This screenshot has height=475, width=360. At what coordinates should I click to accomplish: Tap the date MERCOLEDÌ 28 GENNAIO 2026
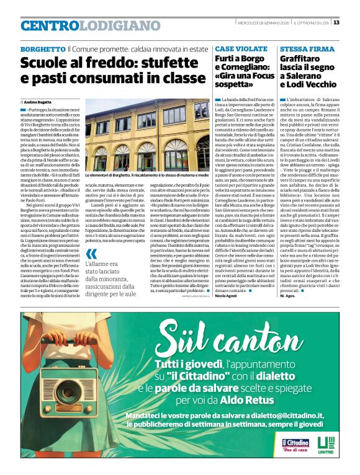tap(262, 23)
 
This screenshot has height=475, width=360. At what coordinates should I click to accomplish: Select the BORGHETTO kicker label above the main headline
tap(42, 49)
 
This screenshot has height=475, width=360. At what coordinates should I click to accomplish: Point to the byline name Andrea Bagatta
tap(38, 101)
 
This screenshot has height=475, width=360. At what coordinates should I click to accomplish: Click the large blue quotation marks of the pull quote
tap(92, 254)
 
